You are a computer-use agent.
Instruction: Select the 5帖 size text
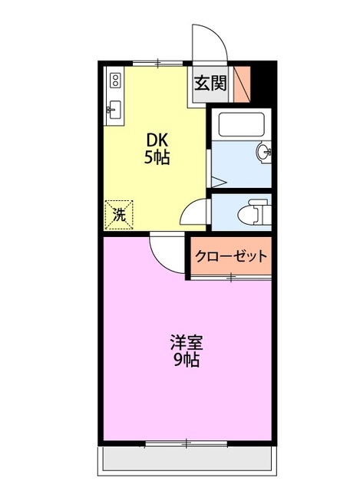158,159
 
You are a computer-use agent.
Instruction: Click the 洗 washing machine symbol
120,214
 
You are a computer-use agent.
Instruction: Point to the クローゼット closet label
231,256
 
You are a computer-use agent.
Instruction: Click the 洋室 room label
187,342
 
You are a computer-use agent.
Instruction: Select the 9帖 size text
187,359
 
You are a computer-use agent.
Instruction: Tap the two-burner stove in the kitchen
116,80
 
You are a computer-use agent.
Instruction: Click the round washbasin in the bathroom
265,152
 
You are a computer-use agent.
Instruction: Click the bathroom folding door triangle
217,182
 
